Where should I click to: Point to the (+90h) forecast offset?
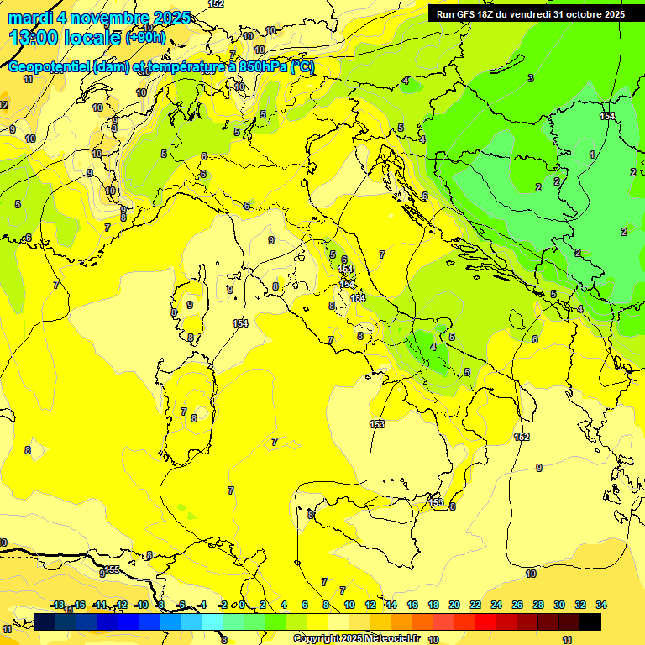pos(145,38)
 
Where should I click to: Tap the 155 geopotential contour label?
pos(112,569)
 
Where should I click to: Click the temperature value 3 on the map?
pos(531,78)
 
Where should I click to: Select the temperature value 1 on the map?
pos(592,155)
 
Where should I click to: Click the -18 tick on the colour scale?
pos(58,605)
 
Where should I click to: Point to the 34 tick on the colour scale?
pos(601,605)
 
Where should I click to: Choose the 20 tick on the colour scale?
pos(454,605)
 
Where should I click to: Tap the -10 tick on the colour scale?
pos(141,605)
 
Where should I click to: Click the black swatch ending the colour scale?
pos(590,621)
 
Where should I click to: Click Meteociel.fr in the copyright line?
pos(389,639)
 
